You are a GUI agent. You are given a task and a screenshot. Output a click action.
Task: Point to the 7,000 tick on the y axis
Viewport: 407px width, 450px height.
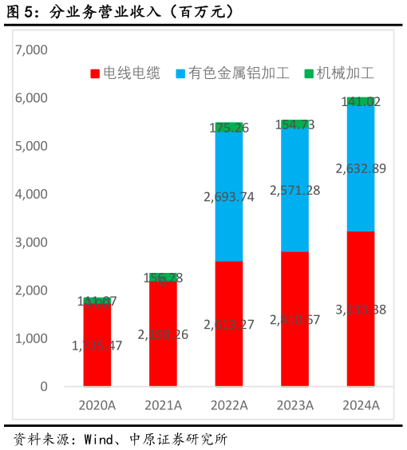(x=32, y=49)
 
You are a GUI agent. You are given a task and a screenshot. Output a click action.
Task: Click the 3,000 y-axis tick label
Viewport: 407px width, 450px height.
(x=32, y=242)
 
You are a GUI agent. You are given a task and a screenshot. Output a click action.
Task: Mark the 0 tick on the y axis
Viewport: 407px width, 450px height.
(x=44, y=386)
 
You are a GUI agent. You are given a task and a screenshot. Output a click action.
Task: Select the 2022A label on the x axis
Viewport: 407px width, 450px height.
(x=229, y=405)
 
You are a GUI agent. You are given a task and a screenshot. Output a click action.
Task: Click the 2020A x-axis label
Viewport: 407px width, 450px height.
(x=97, y=405)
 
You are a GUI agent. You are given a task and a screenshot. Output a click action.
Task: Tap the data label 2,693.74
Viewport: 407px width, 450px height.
(x=228, y=196)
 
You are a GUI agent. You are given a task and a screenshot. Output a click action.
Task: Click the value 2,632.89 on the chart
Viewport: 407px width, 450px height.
(x=361, y=168)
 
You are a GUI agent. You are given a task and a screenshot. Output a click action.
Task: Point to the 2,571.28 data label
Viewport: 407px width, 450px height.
(x=295, y=190)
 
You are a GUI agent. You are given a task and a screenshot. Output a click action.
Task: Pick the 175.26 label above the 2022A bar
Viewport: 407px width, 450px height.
(x=229, y=128)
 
